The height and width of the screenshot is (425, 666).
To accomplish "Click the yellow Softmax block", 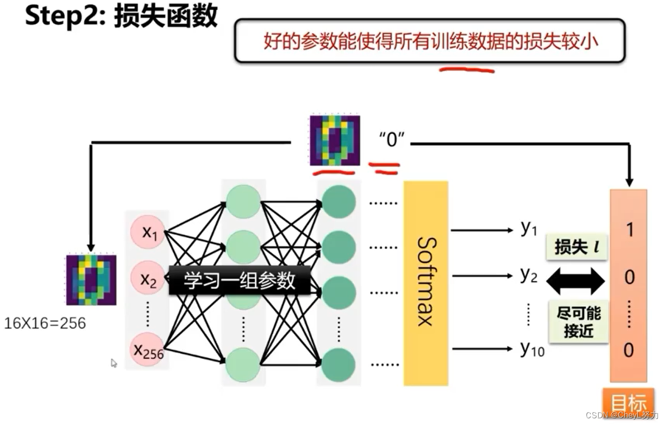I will point(425,283).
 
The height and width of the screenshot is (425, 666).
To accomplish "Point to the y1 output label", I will point(528,229).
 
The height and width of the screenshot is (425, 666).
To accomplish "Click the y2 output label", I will point(528,276).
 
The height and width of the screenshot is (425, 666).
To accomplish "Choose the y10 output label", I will point(532,350).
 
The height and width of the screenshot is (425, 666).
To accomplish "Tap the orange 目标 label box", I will point(629,403).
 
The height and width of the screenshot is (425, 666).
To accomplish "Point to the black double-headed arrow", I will point(575,281).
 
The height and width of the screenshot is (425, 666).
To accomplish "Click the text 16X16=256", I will point(45,324).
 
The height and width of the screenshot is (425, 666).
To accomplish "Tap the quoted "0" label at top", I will point(391,140).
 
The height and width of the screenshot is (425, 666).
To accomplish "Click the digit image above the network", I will point(334,140).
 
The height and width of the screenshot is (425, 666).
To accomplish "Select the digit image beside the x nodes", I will point(91,280).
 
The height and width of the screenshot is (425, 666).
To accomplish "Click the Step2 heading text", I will point(121,17).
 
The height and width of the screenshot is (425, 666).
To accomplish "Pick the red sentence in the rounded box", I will point(430,41).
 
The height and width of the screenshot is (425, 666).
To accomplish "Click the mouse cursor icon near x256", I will point(114,363).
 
